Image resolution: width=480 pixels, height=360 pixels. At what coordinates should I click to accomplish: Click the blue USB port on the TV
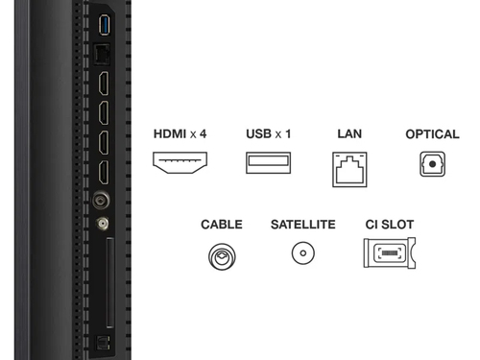tap(105, 25)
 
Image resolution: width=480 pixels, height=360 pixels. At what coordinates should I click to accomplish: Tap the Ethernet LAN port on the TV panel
tap(102, 55)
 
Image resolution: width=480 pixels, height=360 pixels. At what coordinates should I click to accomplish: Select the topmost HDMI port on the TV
tap(104, 84)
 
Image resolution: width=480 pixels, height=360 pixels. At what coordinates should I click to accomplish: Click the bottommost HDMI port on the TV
tap(104, 173)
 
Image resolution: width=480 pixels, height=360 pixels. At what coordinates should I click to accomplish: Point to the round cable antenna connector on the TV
tap(101, 201)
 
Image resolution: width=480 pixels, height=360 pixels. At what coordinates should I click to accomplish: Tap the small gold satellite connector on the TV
tap(103, 224)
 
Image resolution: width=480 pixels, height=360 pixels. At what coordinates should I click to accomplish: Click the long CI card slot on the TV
tap(110, 283)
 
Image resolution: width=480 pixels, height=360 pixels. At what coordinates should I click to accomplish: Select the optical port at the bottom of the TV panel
tap(103, 343)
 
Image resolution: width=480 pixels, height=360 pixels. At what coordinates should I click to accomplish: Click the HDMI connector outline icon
tap(180, 162)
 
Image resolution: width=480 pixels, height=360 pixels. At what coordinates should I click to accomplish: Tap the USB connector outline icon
tap(268, 163)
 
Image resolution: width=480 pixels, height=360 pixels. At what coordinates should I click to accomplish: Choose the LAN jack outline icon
tap(349, 170)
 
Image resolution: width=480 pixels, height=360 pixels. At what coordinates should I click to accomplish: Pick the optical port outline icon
tap(432, 164)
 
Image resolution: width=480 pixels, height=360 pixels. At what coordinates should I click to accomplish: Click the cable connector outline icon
tap(222, 256)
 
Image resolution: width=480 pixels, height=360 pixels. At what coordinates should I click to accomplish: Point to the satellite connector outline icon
tap(303, 253)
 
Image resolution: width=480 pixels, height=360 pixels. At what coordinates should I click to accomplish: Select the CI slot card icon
tap(390, 252)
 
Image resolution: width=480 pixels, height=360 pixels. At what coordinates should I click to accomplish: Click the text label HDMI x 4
tap(180, 133)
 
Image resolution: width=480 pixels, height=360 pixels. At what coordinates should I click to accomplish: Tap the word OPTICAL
tap(432, 134)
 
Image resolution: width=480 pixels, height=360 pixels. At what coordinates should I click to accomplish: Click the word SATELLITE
tap(303, 225)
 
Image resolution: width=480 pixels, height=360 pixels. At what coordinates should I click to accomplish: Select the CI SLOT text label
tap(390, 225)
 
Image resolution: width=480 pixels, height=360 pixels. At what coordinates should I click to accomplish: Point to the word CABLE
tap(222, 225)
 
